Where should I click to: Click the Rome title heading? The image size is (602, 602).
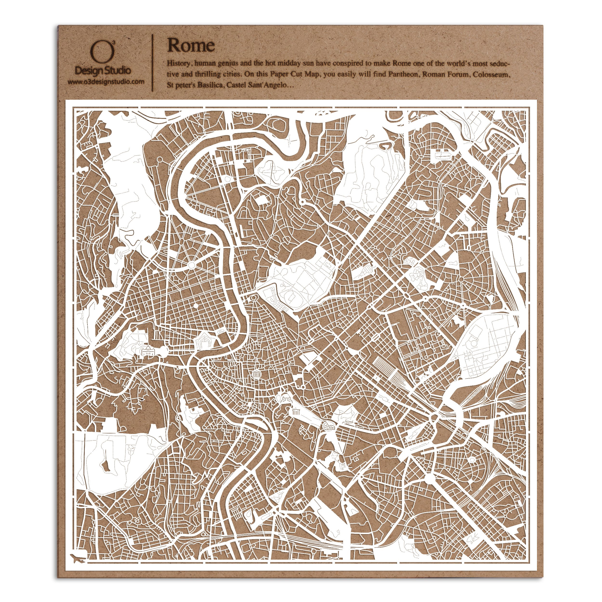pos(191,46)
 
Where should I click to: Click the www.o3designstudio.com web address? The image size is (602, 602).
pos(106,82)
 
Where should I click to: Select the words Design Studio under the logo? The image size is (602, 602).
pos(103,70)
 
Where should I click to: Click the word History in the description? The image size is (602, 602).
pos(178,64)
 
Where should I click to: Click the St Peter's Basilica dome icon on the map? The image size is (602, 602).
pos(146,352)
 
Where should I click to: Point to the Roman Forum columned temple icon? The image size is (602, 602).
pos(295,411)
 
